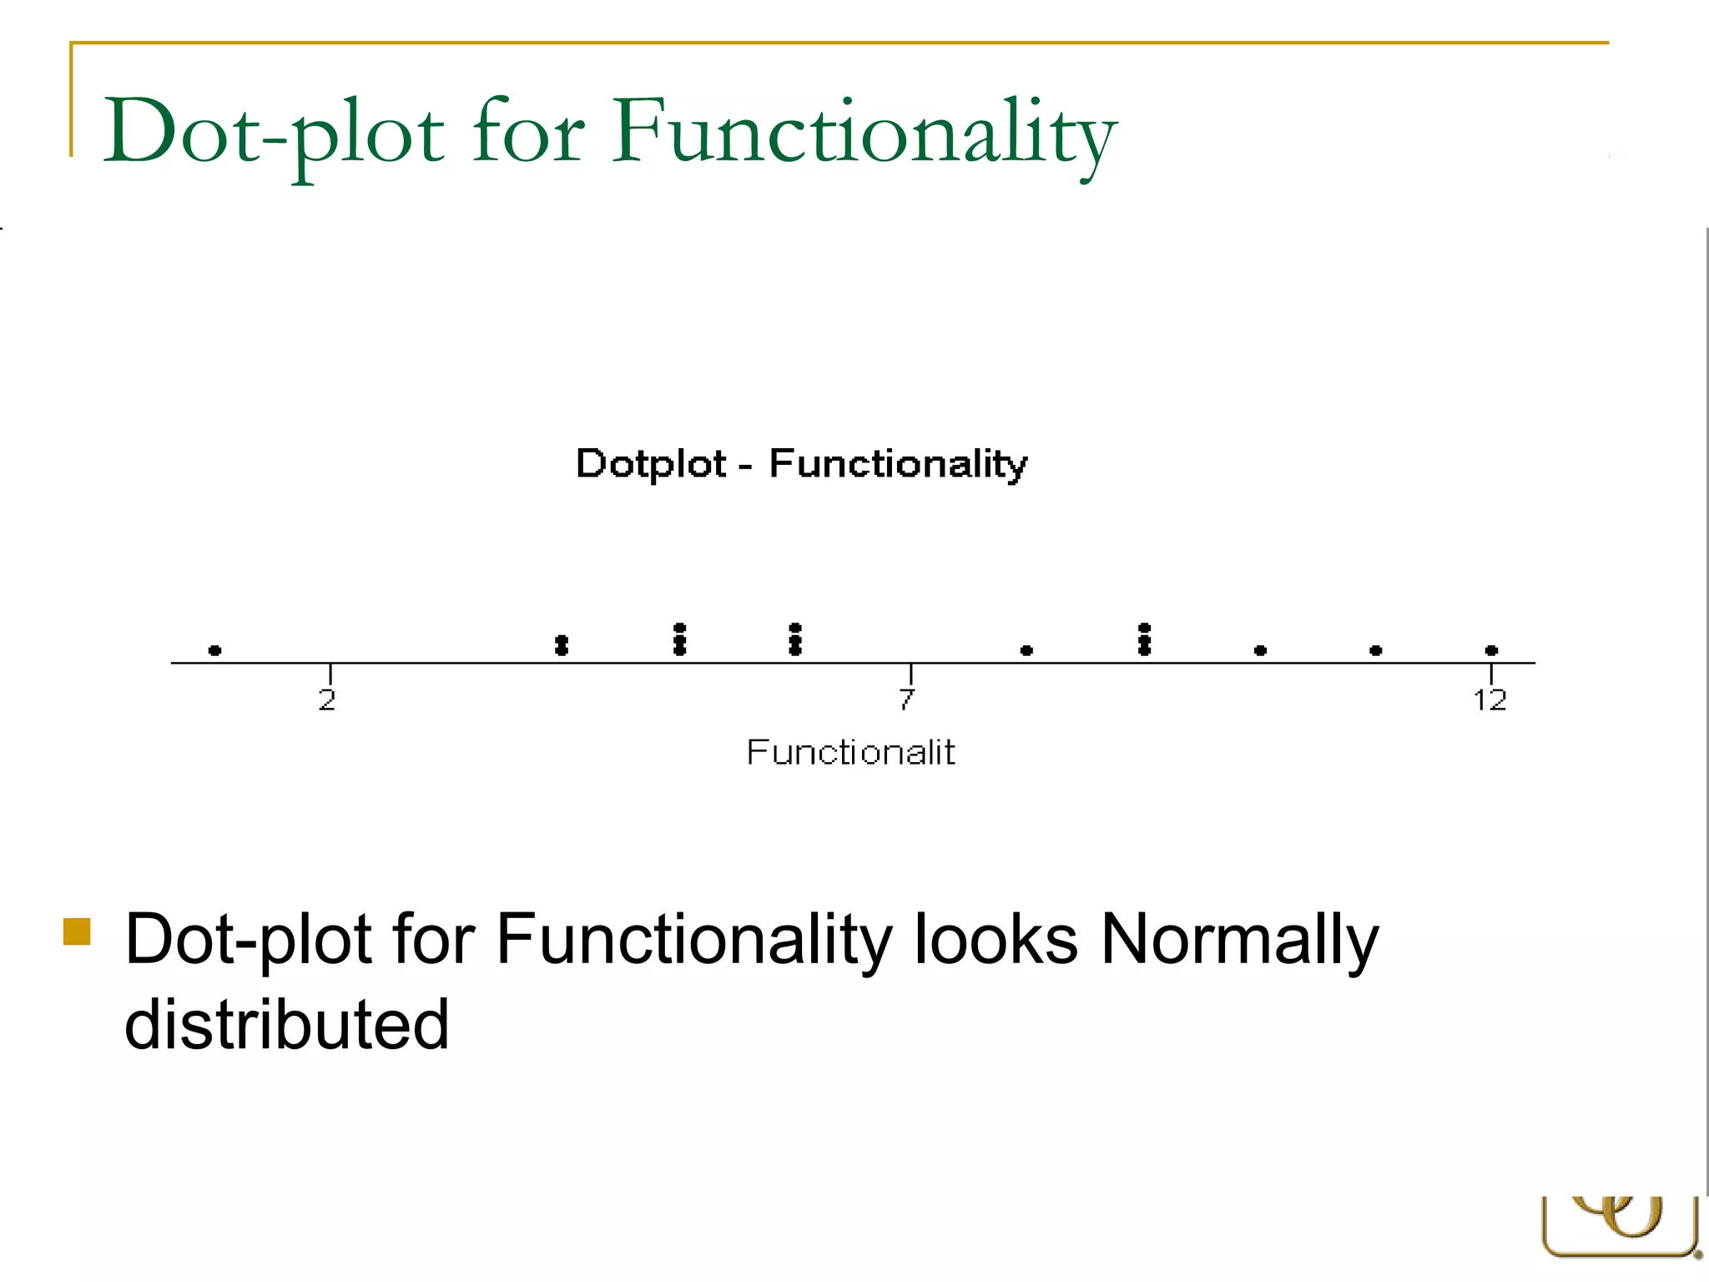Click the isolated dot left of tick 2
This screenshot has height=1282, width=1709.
tap(214, 650)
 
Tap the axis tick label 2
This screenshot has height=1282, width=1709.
tap(327, 699)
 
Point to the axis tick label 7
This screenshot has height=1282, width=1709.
tap(907, 699)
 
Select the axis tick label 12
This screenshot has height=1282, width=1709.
tap(1490, 699)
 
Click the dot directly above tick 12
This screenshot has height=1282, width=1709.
tap(1491, 650)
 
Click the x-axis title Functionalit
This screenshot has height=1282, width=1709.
tap(849, 753)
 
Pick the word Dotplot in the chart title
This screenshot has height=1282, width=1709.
tap(651, 464)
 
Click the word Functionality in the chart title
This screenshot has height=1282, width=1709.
tap(898, 464)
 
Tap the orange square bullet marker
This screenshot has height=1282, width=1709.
tap(77, 931)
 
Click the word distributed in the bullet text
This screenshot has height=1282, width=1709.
tap(286, 1024)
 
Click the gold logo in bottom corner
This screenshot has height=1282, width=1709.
tap(1619, 1227)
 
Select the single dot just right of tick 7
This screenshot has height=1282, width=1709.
tap(1026, 650)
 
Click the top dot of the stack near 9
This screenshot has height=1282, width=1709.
tap(1144, 628)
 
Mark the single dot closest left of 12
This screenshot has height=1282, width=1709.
tap(1376, 650)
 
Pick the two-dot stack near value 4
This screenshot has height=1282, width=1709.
tap(562, 645)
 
